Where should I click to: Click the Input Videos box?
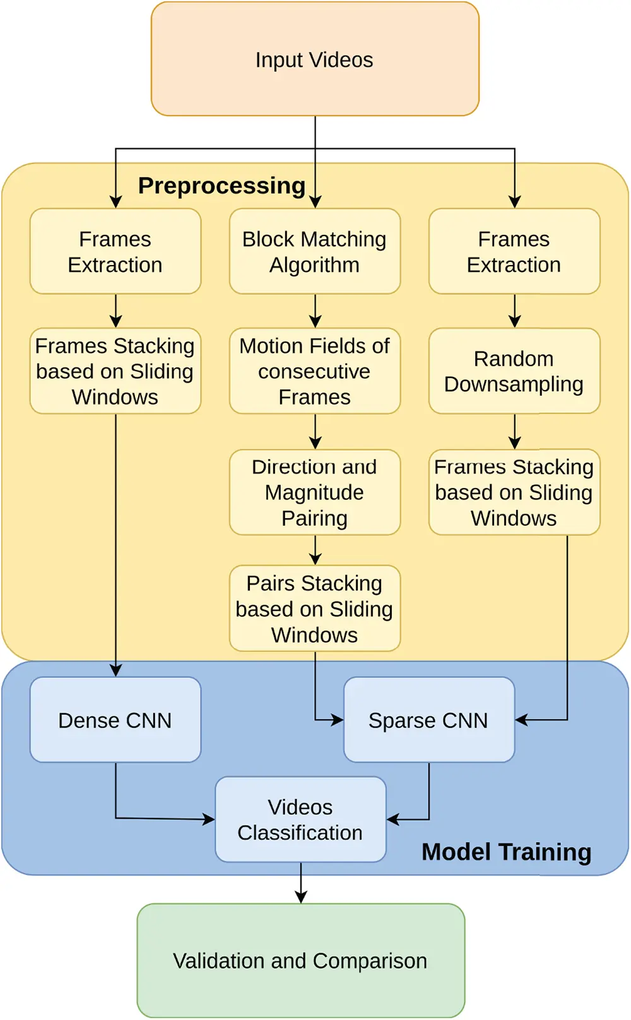click(x=315, y=59)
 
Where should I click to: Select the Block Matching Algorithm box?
click(x=315, y=251)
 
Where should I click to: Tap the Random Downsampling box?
click(x=514, y=371)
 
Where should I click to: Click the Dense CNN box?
click(x=115, y=720)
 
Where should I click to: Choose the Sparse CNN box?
click(x=429, y=720)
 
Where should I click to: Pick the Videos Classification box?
click(x=300, y=819)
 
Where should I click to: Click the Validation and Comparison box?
click(x=301, y=960)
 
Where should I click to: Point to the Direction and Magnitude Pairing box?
click(x=315, y=492)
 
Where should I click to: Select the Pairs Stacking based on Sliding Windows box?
click(x=315, y=608)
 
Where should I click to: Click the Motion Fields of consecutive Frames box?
click(x=315, y=371)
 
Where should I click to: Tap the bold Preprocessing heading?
click(x=221, y=186)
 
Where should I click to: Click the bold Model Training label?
click(x=506, y=851)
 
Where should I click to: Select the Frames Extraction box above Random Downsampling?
click(x=514, y=251)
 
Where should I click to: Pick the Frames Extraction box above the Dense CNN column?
click(x=115, y=251)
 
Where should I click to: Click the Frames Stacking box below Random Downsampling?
click(x=514, y=492)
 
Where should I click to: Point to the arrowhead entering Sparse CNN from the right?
click(x=521, y=720)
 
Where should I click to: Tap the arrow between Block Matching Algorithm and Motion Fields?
click(x=315, y=311)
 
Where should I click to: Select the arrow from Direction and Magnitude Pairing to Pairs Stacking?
click(x=315, y=550)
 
